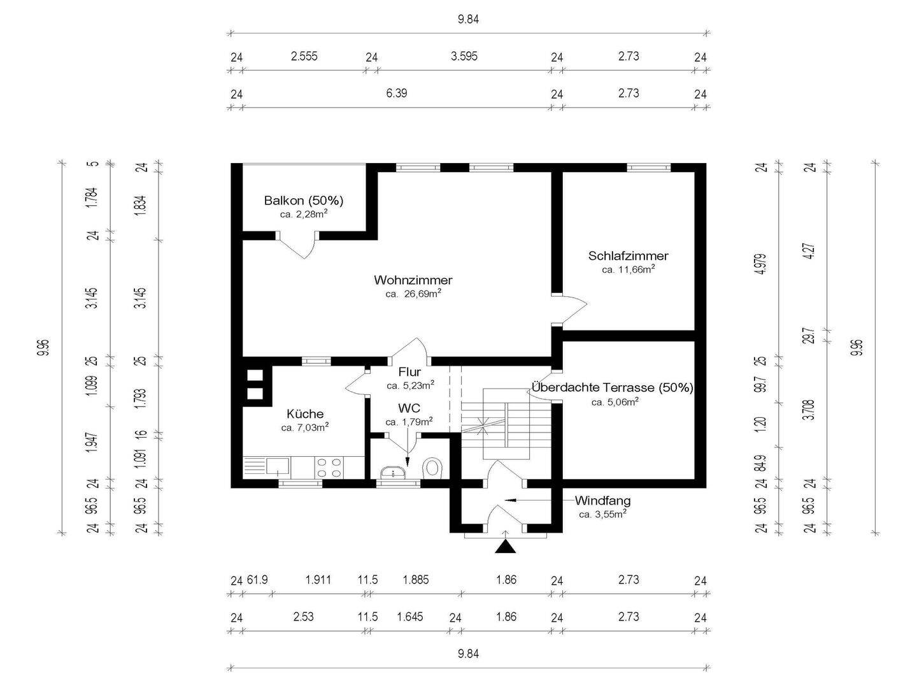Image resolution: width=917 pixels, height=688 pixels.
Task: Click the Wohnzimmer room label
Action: tap(413, 280)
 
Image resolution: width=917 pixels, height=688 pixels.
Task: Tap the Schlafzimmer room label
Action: tap(629, 255)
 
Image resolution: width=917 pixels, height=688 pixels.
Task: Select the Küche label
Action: tap(305, 414)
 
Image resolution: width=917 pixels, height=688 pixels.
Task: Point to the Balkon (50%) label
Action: tap(304, 201)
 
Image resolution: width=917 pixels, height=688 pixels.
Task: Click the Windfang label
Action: tap(602, 501)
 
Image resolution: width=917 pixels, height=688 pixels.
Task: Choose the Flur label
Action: tap(409, 372)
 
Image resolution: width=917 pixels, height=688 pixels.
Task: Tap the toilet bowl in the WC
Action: tap(433, 468)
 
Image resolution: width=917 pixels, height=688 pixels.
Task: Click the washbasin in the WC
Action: tap(393, 473)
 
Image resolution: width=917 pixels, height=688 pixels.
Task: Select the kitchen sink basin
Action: tap(278, 466)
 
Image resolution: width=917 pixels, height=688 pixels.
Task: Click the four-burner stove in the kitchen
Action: tap(329, 468)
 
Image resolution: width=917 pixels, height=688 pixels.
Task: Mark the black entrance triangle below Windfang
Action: tap(505, 547)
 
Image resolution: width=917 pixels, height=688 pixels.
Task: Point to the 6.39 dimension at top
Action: tap(396, 93)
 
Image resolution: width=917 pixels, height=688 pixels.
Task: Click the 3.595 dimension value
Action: tap(464, 56)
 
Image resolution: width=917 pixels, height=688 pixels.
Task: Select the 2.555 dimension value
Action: tap(304, 56)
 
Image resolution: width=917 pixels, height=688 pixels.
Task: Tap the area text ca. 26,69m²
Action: tap(413, 294)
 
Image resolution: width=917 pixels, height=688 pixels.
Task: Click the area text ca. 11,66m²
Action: tap(629, 269)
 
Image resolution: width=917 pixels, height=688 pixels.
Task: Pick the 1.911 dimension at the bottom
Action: tap(318, 580)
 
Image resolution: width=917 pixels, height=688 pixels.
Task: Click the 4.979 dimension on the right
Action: tap(762, 264)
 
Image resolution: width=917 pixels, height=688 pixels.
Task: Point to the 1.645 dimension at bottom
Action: tap(410, 617)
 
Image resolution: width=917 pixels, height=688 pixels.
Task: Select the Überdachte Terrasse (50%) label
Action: tap(612, 388)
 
